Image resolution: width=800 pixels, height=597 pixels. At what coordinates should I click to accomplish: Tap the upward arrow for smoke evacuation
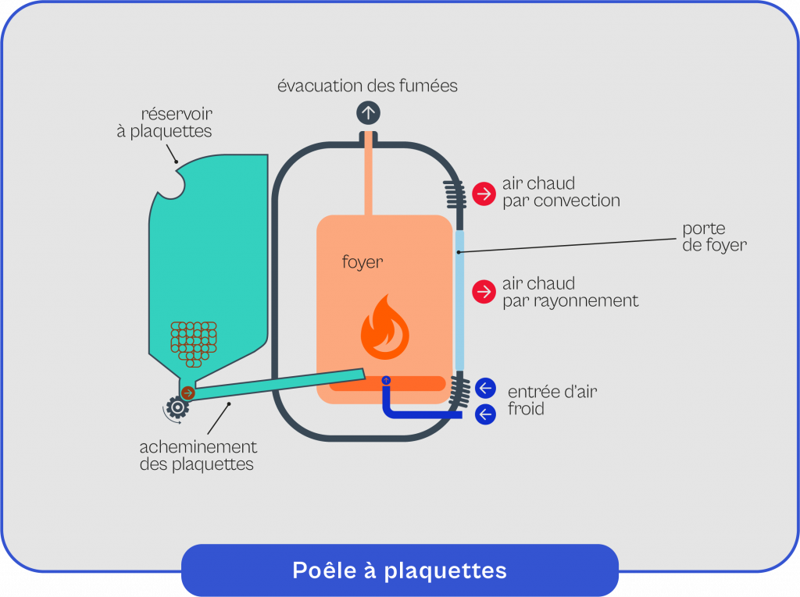click(368, 112)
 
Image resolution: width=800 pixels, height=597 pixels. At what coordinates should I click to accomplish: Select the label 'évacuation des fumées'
click(367, 85)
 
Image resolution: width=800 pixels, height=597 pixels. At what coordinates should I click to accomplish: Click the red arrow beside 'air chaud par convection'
click(484, 192)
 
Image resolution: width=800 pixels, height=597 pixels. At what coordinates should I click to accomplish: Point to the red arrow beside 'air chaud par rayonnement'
click(484, 292)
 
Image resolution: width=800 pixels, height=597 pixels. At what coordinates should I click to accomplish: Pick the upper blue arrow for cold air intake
click(485, 388)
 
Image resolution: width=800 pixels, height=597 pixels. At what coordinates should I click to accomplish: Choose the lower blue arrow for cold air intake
click(485, 414)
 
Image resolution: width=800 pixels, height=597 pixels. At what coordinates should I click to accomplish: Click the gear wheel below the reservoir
click(177, 407)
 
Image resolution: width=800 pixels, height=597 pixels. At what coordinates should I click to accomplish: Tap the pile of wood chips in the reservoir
click(194, 343)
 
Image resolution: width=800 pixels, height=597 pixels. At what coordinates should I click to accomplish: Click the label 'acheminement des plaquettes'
click(198, 456)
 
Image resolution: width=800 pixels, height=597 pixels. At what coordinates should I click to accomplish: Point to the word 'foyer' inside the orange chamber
click(362, 261)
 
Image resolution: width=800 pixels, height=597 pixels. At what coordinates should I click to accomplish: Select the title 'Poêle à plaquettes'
click(399, 570)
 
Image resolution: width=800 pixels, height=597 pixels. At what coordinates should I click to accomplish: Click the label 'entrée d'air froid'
click(552, 400)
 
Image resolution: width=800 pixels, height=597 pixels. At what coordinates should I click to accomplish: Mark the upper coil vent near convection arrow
click(454, 193)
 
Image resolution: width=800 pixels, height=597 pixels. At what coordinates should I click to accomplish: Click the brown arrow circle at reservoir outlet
click(187, 393)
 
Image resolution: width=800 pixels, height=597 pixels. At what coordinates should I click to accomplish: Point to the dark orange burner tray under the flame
click(387, 384)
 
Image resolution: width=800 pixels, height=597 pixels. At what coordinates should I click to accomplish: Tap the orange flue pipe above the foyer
click(368, 179)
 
